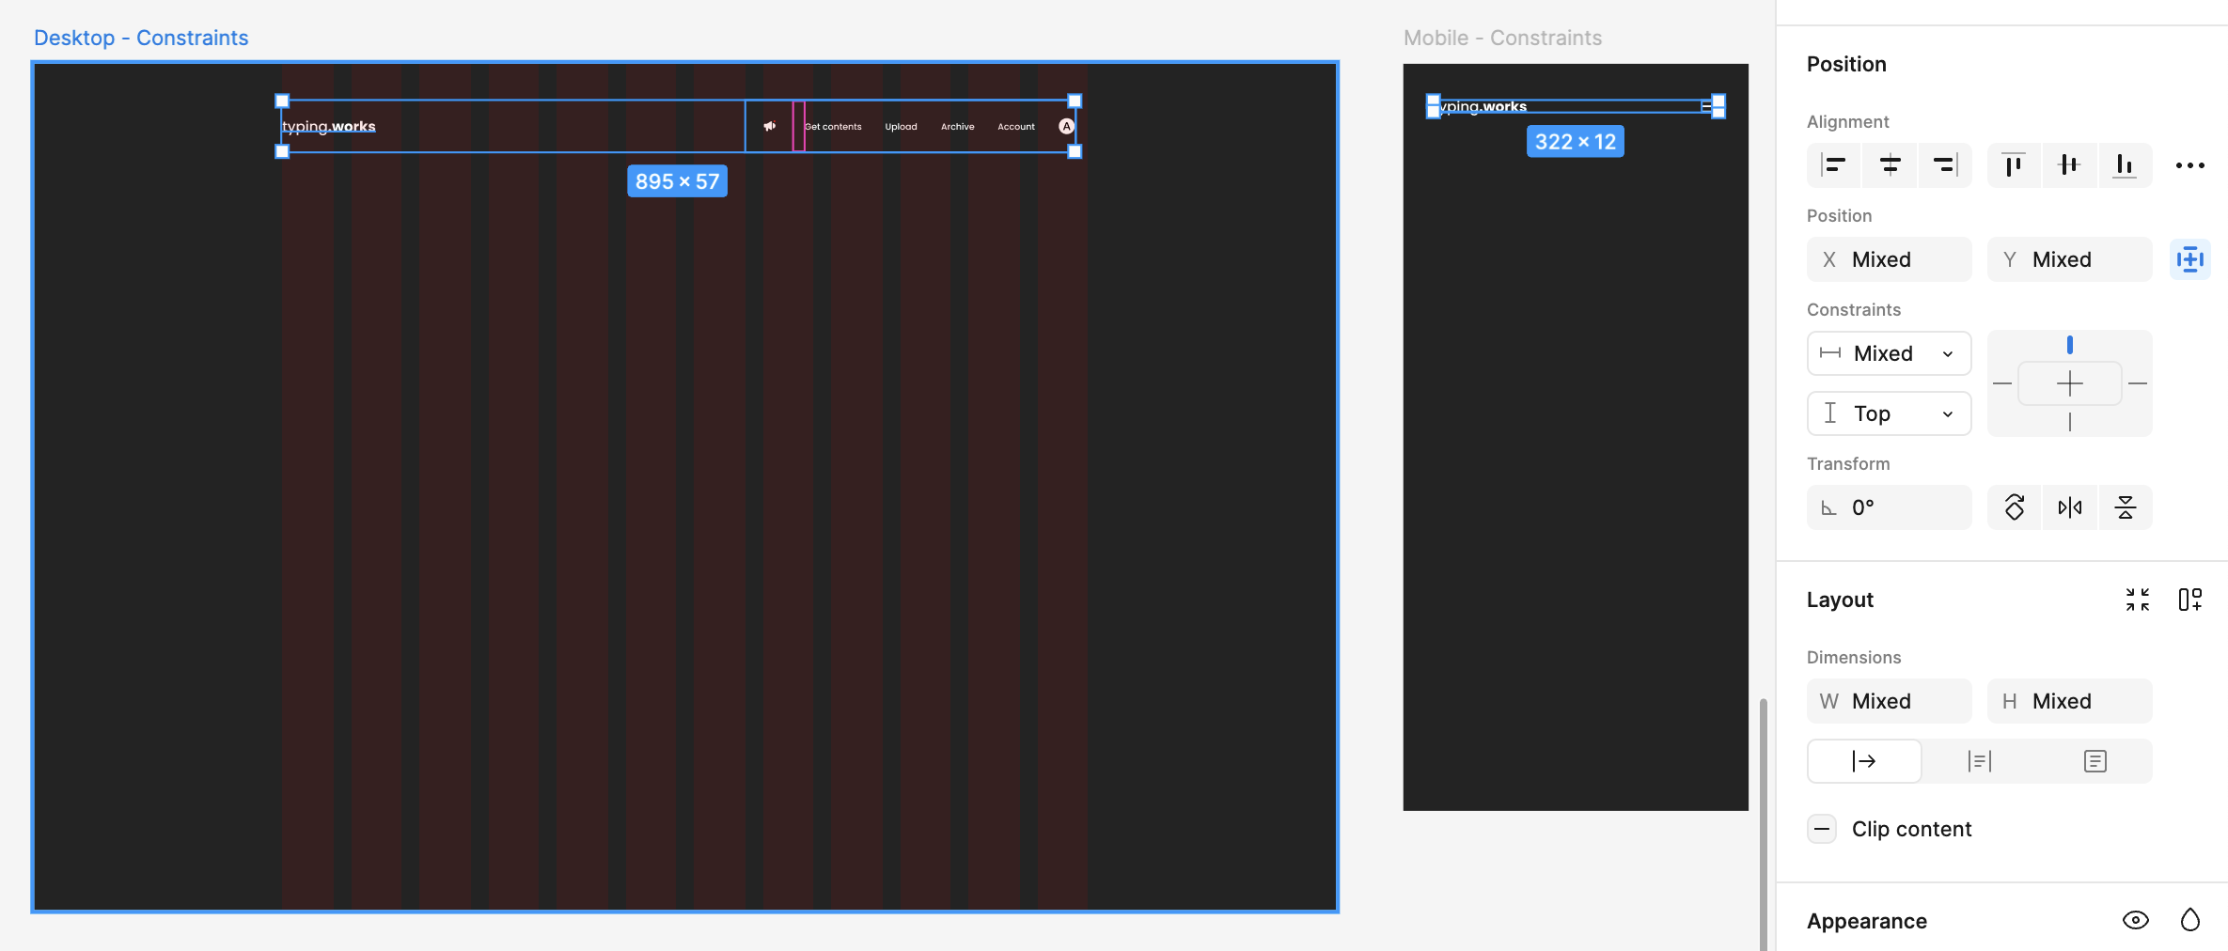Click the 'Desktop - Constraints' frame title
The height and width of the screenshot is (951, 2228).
141,38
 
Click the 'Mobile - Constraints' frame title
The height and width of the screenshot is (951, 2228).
1502,38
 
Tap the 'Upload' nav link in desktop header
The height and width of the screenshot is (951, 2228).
901,127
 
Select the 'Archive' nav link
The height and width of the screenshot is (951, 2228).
957,127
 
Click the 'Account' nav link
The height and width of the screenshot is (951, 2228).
1015,127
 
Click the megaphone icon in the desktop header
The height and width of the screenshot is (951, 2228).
770,126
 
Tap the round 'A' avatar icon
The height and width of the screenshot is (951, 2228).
1066,126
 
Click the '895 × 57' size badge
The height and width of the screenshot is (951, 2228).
677,181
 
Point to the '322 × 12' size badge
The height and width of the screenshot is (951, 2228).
1575,142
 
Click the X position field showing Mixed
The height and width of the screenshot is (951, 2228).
1889,259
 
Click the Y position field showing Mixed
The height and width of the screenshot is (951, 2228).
2069,259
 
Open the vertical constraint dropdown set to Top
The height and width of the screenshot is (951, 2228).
1889,413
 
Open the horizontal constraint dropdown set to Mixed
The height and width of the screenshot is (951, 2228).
1889,353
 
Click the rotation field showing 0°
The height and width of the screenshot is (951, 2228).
1889,507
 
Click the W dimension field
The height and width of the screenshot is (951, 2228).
1889,701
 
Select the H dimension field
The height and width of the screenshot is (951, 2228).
2069,701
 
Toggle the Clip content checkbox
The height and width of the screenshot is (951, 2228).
1822,829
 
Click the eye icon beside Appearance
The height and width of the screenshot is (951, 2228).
2135,920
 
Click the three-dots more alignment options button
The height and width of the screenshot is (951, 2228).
2189,165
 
